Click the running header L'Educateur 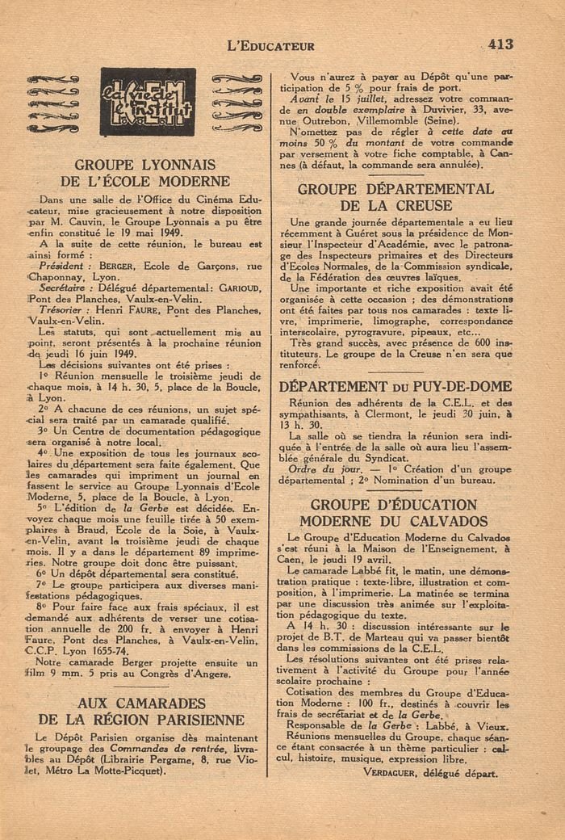(272, 47)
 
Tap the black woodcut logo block (148, 101)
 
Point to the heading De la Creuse (396, 206)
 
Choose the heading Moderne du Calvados (395, 521)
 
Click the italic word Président (65, 265)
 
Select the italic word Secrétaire (65, 288)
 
